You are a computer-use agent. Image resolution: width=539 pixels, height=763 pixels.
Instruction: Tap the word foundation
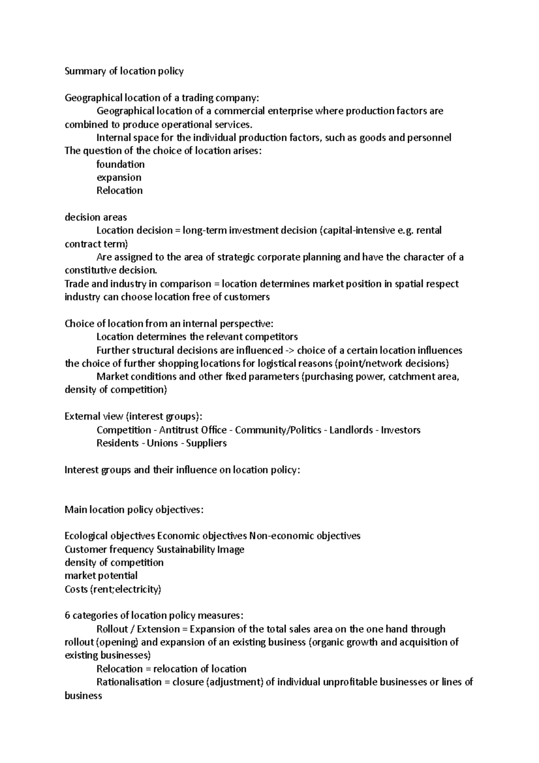point(120,164)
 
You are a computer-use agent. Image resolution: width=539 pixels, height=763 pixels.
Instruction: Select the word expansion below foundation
point(119,177)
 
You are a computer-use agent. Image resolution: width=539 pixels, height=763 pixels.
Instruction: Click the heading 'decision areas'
point(96,217)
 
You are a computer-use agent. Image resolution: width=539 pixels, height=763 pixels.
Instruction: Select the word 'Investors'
point(401,430)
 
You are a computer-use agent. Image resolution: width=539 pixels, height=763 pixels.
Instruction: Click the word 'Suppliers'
point(206,444)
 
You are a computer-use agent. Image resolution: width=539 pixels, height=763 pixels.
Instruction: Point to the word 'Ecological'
point(86,536)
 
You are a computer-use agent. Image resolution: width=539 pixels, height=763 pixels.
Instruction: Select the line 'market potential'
point(101,576)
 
